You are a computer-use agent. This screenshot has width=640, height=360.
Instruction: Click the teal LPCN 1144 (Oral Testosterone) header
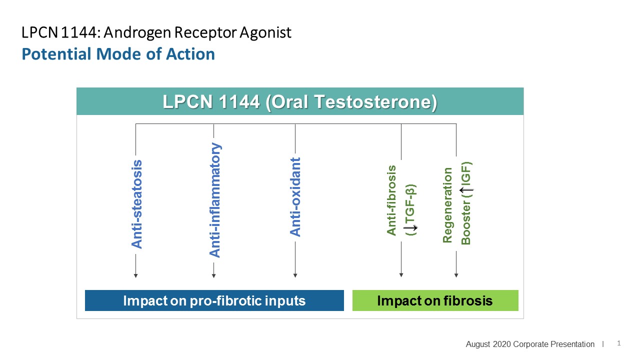click(x=300, y=102)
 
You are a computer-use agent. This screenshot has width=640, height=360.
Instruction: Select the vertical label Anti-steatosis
click(x=136, y=204)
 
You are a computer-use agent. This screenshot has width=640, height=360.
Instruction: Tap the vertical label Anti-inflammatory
click(x=214, y=200)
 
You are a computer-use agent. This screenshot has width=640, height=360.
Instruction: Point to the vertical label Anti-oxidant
click(x=295, y=197)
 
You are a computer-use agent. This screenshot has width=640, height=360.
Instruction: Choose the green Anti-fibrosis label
click(x=391, y=200)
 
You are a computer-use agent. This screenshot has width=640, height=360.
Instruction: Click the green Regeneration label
click(x=447, y=205)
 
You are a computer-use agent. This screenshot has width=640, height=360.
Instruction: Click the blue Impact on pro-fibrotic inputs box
click(x=214, y=300)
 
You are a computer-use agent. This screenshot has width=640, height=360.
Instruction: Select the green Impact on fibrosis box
click(x=435, y=300)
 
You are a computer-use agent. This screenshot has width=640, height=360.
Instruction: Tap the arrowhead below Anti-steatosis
click(x=136, y=275)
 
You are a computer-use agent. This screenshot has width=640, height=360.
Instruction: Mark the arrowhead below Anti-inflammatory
click(x=214, y=275)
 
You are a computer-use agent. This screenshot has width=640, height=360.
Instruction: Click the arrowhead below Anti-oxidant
click(x=295, y=275)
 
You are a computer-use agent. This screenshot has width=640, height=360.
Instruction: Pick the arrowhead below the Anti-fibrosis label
click(x=401, y=275)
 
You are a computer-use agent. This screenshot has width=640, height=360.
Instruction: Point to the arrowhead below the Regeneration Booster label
click(x=456, y=275)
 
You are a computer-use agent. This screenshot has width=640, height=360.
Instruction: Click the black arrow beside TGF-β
click(x=413, y=228)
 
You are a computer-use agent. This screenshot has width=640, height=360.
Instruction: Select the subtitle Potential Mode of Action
click(x=118, y=54)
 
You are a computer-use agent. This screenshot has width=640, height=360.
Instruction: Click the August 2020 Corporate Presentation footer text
click(x=530, y=344)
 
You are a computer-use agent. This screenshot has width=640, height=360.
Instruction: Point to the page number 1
click(x=619, y=343)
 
